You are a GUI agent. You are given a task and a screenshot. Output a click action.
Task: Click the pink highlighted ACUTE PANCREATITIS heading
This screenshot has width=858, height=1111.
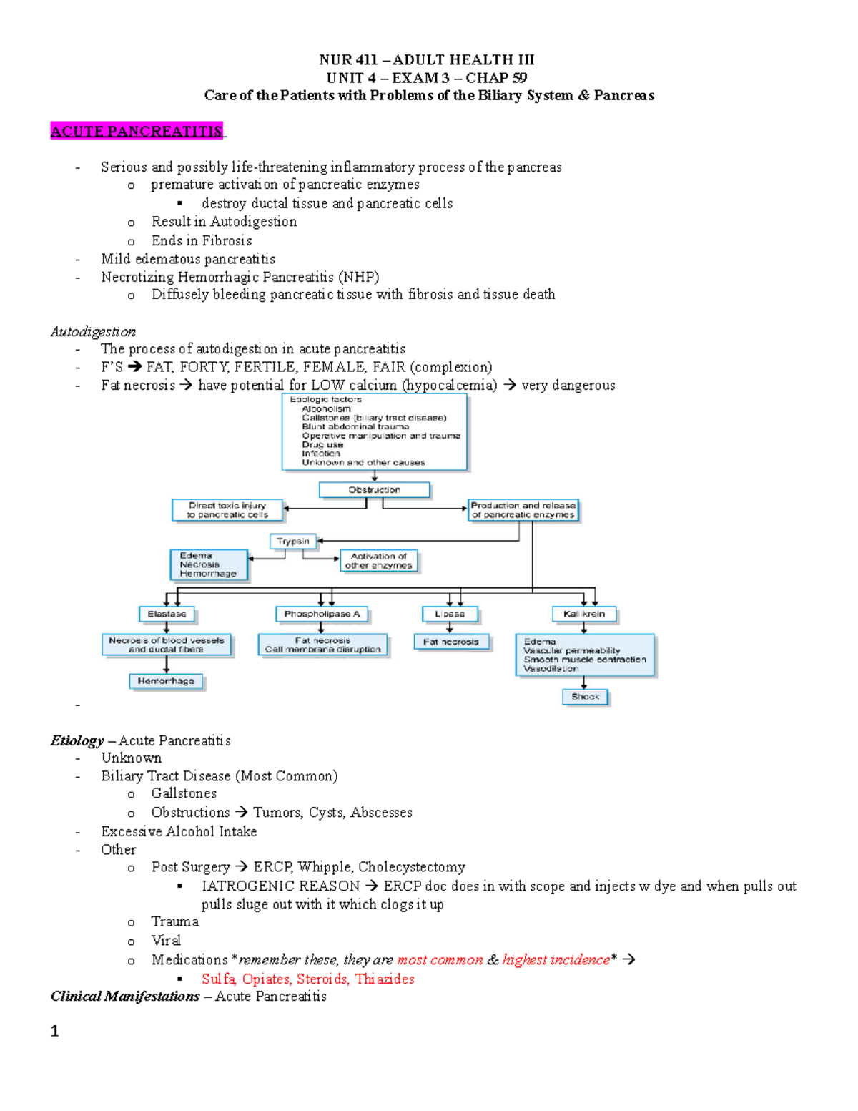point(137,131)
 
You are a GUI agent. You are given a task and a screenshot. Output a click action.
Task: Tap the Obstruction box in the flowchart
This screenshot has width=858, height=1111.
point(374,490)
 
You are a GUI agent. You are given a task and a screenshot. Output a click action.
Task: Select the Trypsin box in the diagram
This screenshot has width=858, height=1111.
point(293,542)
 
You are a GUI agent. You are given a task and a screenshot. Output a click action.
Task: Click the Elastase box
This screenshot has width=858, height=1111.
point(167,614)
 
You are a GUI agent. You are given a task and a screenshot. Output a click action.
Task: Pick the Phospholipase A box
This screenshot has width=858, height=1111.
point(322,614)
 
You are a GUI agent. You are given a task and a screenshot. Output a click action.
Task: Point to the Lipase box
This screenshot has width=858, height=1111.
point(450,614)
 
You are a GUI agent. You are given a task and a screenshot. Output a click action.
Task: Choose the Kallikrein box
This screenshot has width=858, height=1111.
point(584,614)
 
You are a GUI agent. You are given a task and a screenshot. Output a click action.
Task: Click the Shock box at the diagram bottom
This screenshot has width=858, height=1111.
point(585,696)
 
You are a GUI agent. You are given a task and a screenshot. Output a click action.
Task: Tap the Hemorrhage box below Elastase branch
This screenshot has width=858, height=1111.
point(166,681)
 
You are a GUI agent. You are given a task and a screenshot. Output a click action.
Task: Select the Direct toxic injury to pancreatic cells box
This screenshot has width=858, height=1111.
point(227,509)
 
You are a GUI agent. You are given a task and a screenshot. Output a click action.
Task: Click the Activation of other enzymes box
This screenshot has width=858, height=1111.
point(379,560)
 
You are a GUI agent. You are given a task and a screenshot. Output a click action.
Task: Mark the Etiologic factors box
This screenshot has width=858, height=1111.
point(374,431)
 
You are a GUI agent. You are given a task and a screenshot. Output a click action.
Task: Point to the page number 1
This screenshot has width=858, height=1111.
point(55,1031)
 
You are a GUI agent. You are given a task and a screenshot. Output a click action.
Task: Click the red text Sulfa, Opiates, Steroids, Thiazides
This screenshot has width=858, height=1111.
point(307,979)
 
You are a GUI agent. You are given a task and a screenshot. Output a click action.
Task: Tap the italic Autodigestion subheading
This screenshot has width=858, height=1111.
point(93,331)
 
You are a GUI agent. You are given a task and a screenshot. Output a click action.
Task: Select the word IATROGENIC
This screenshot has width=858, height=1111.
point(280,886)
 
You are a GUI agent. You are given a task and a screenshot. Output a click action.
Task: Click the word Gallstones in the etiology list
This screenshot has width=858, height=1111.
point(184,793)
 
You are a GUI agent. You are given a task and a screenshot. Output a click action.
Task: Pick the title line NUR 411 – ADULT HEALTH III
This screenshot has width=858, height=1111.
point(427,60)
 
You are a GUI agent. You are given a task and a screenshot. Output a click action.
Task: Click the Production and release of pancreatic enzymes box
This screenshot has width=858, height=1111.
point(523,509)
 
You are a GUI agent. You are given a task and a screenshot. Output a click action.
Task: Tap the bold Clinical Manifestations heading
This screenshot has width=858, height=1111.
point(125,996)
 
